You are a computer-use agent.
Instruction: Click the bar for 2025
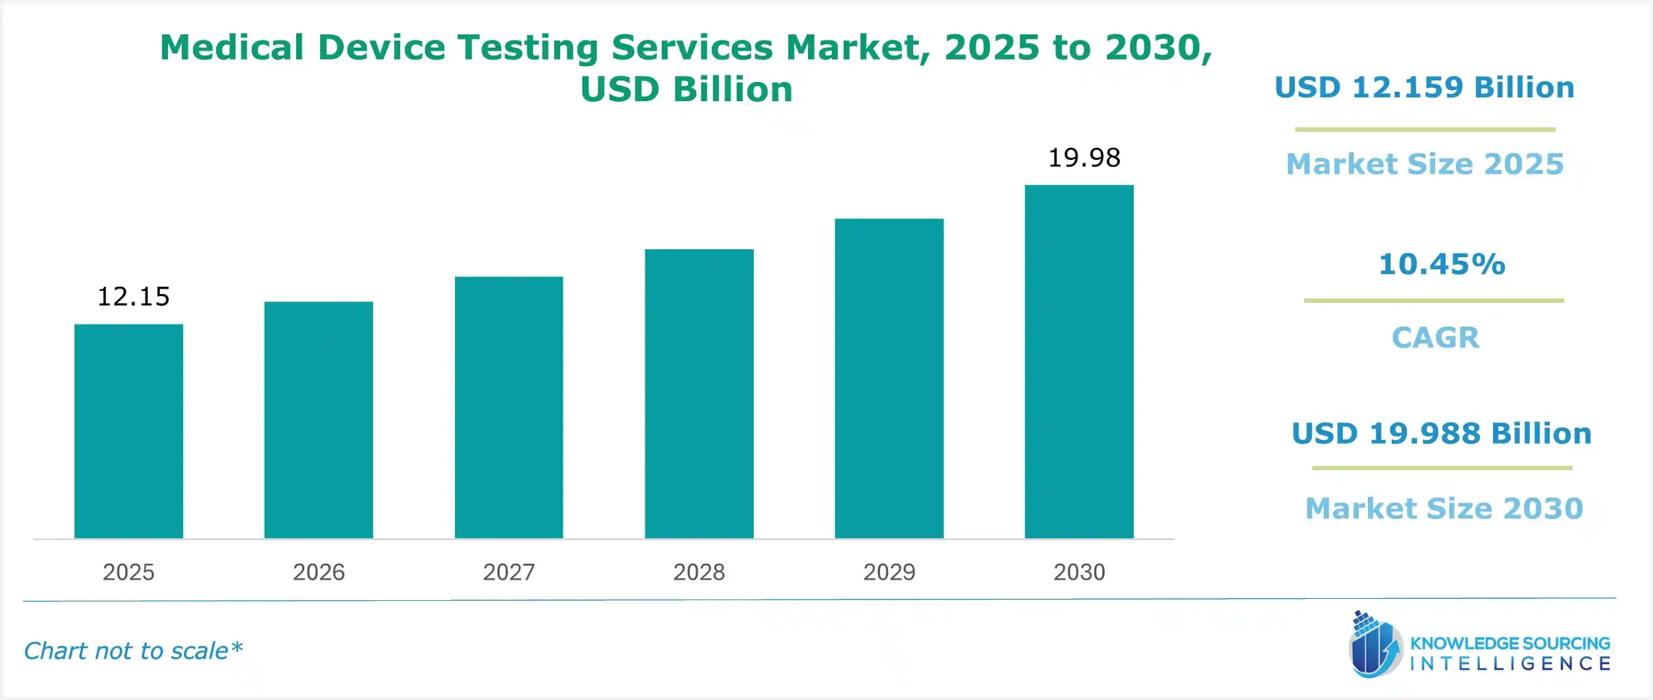coord(128,431)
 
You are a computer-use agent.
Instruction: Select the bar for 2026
coord(318,420)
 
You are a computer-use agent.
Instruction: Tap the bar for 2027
coord(508,407)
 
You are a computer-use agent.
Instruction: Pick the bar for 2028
coord(699,393)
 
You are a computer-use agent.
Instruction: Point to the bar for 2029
coord(889,378)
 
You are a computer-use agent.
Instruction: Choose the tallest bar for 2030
coord(1078,362)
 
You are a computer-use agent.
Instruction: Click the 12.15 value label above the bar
coord(134,297)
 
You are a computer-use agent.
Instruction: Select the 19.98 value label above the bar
coord(1084,158)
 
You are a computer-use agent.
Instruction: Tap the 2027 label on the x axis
coord(508,572)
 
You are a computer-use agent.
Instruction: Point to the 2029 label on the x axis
coord(889,572)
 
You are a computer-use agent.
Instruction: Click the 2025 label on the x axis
coord(128,572)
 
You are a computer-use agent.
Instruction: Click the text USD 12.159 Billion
coord(1424,88)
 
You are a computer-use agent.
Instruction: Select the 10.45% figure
coord(1441,264)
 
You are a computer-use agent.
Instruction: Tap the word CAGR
coord(1435,338)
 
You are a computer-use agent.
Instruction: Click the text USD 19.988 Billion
coord(1441,434)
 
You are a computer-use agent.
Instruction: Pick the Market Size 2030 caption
coord(1444,508)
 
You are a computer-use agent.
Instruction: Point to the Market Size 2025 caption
coord(1425,164)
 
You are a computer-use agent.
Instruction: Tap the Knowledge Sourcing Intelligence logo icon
coord(1375,645)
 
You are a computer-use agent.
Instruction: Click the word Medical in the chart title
coord(232,48)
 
